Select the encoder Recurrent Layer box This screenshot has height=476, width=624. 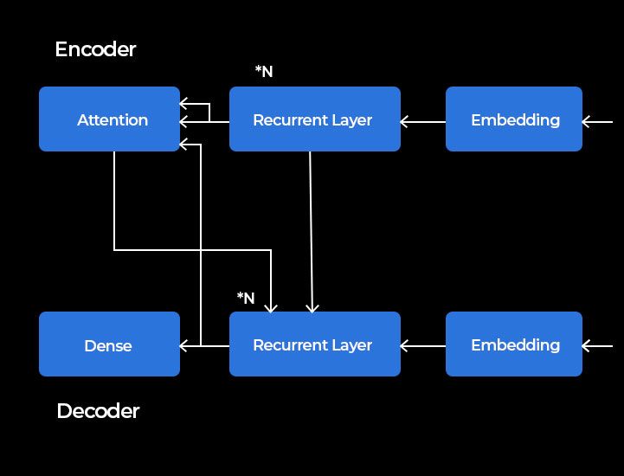pos(314,119)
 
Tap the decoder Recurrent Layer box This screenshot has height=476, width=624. pos(314,344)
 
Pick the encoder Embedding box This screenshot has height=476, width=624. pos(514,119)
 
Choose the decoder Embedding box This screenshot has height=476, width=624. pos(514,344)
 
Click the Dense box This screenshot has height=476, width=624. pos(109,344)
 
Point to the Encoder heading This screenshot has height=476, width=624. pos(95,49)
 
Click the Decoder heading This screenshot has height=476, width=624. pos(98,411)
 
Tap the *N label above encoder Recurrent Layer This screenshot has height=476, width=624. pos(264,72)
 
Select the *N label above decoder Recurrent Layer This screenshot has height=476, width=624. pos(246,299)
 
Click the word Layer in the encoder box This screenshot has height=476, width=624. pos(351,120)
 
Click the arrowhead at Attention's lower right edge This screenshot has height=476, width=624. pos(184,144)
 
